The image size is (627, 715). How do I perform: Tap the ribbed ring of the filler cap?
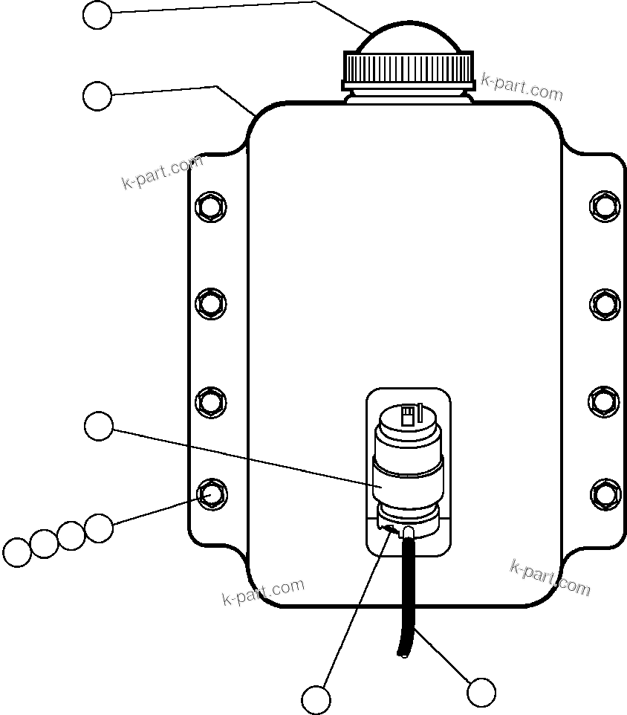tap(409, 69)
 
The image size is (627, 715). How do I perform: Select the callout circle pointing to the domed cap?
tap(97, 15)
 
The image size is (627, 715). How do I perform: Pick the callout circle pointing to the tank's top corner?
tap(97, 96)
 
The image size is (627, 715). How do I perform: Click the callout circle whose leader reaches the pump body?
tap(99, 427)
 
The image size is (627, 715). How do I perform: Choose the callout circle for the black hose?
tap(481, 693)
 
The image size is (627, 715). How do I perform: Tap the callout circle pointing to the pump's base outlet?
tap(316, 699)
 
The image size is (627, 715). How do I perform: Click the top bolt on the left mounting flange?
tap(211, 205)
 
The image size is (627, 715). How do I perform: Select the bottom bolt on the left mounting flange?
tap(211, 494)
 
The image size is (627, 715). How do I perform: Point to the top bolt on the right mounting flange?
tap(605, 205)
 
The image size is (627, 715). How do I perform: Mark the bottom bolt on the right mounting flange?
tap(605, 494)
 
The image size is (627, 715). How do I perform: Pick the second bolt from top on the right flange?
tap(605, 302)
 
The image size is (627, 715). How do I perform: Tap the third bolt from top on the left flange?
tap(211, 401)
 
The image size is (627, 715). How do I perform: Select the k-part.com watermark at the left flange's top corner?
tap(162, 173)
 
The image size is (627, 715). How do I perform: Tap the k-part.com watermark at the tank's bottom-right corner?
tap(550, 578)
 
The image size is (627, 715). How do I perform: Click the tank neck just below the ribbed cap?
tap(409, 94)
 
